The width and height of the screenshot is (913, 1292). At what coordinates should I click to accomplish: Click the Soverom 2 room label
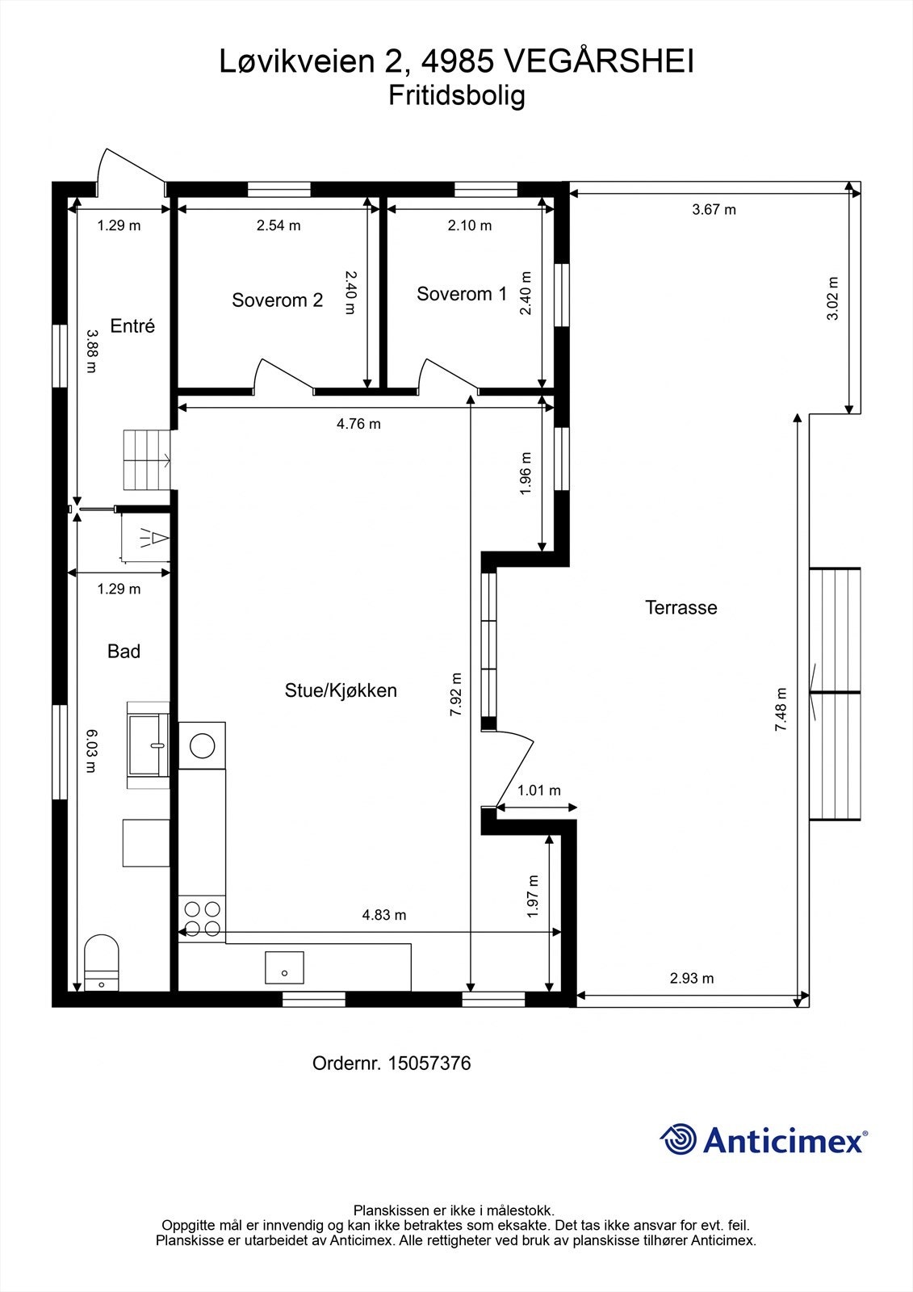pyautogui.click(x=277, y=300)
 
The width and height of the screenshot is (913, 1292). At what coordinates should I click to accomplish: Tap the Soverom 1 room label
pyautogui.click(x=462, y=294)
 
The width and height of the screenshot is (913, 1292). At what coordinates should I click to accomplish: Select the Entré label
pyautogui.click(x=132, y=326)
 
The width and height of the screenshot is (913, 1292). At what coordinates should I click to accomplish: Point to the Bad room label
pyautogui.click(x=124, y=652)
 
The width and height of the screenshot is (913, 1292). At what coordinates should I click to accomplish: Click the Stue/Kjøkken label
pyautogui.click(x=341, y=690)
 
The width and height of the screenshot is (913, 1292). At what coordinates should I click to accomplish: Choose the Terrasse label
pyautogui.click(x=681, y=608)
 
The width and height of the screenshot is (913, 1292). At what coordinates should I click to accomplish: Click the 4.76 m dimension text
pyautogui.click(x=358, y=424)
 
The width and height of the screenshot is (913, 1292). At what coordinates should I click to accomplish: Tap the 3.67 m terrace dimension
pyautogui.click(x=714, y=210)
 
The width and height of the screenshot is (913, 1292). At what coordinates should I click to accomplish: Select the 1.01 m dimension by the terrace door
pyautogui.click(x=538, y=791)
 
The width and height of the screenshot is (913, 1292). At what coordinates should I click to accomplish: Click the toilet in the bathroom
pyautogui.click(x=102, y=963)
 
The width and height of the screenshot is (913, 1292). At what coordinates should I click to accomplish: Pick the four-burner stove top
pyautogui.click(x=202, y=918)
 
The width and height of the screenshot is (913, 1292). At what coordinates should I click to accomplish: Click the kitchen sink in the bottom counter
pyautogui.click(x=284, y=967)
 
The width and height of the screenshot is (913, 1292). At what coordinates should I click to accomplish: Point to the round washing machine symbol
pyautogui.click(x=202, y=745)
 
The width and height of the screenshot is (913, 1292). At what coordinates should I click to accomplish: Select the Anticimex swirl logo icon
pyautogui.click(x=678, y=1140)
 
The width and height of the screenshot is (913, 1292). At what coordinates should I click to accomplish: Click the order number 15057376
pyautogui.click(x=429, y=1063)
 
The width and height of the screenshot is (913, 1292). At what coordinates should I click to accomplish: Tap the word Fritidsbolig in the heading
pyautogui.click(x=457, y=96)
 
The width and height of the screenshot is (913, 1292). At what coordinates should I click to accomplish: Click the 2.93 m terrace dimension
pyautogui.click(x=692, y=979)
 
